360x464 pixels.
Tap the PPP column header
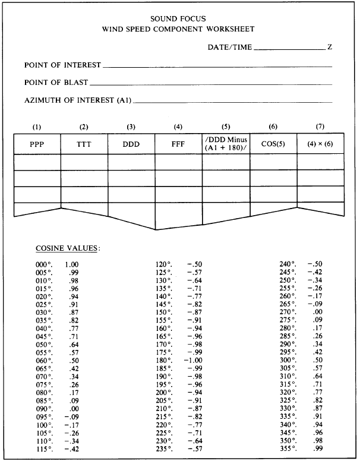click(37, 144)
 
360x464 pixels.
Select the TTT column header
click(84, 144)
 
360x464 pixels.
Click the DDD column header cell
click(131, 144)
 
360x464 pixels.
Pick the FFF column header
click(178, 144)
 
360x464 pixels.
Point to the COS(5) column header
click(273, 144)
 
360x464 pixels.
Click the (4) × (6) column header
click(320, 144)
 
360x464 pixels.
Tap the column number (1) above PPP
click(37, 127)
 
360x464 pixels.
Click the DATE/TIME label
click(230, 47)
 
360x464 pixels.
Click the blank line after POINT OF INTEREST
click(217, 67)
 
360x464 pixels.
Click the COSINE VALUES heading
click(67, 247)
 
